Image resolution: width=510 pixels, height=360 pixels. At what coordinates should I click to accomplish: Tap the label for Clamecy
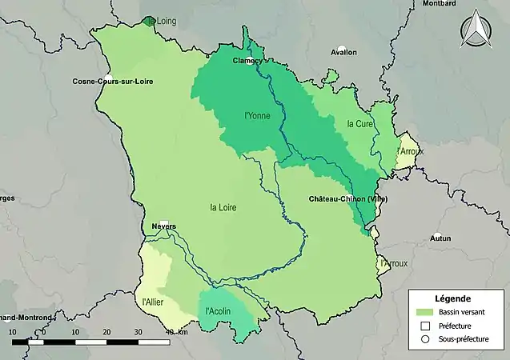pos(247,60)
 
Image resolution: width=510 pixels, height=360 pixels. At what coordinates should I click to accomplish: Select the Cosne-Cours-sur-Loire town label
pos(113,82)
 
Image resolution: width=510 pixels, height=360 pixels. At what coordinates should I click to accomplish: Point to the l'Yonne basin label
pos(257,115)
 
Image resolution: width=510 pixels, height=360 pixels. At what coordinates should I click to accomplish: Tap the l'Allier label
pos(152,302)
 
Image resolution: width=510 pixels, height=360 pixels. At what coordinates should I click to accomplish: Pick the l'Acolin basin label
pos(219,311)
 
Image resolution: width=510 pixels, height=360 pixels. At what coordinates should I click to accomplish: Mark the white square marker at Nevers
pos(163,225)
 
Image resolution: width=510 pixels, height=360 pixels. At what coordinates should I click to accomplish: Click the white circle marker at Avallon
pos(342,49)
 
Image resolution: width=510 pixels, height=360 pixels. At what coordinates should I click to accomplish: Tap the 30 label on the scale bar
pos(138,331)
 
